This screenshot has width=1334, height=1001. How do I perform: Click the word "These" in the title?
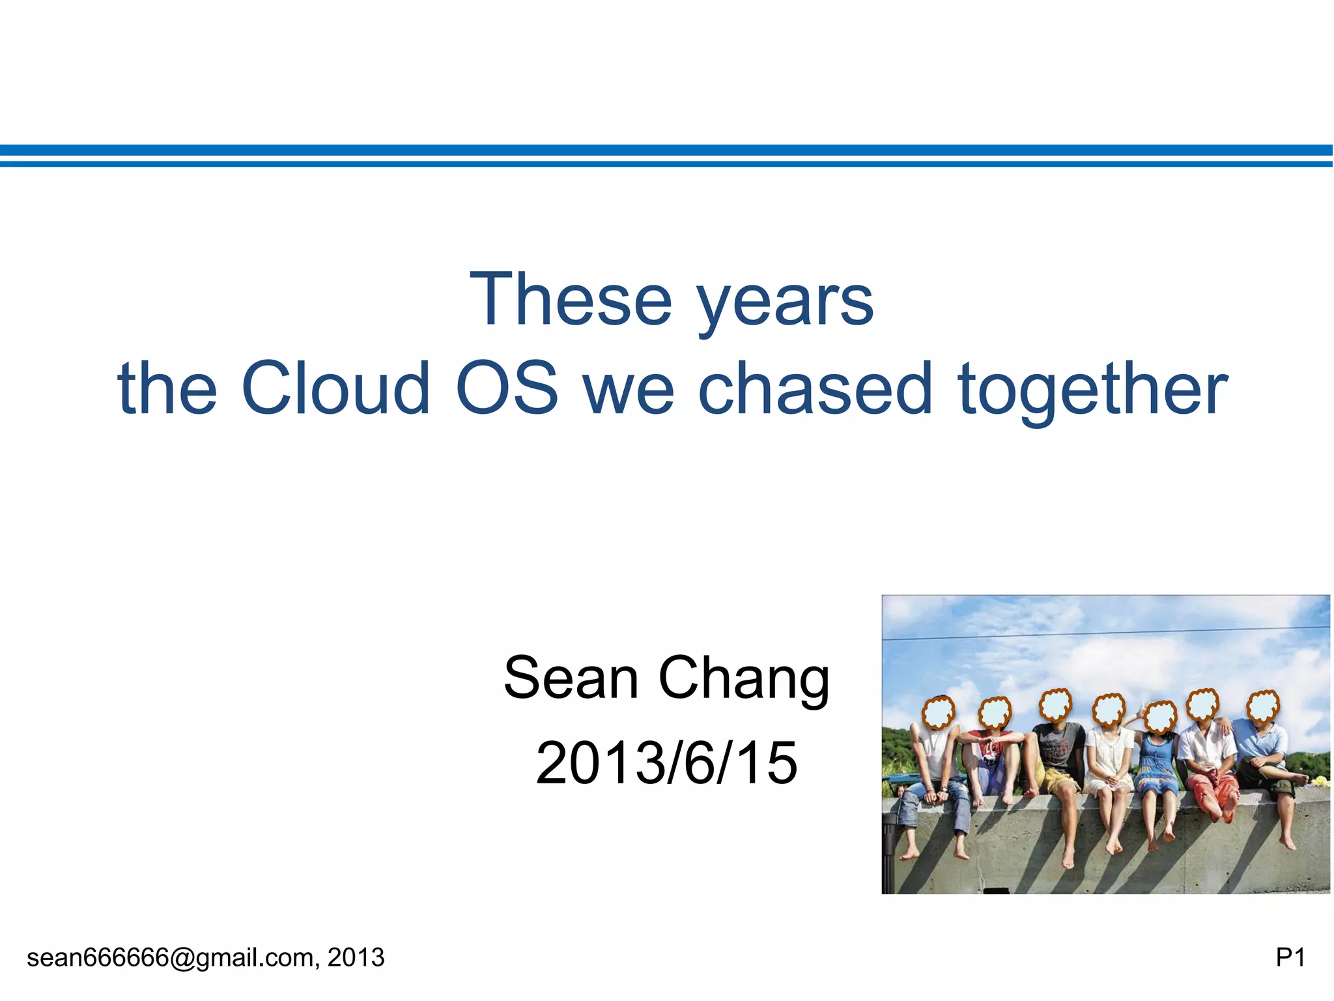click(x=571, y=299)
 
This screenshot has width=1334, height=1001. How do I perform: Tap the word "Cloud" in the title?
click(x=335, y=388)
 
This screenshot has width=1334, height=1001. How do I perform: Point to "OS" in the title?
click(x=507, y=388)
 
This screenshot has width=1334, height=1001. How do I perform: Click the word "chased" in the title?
click(x=816, y=388)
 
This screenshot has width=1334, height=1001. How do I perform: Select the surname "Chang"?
click(x=744, y=681)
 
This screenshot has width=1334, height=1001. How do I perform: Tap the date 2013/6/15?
click(x=666, y=762)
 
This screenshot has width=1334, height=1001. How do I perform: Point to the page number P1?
click(x=1290, y=957)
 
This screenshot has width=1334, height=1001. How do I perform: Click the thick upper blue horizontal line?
click(x=666, y=151)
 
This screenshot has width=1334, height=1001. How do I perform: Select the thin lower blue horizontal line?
click(x=666, y=164)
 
